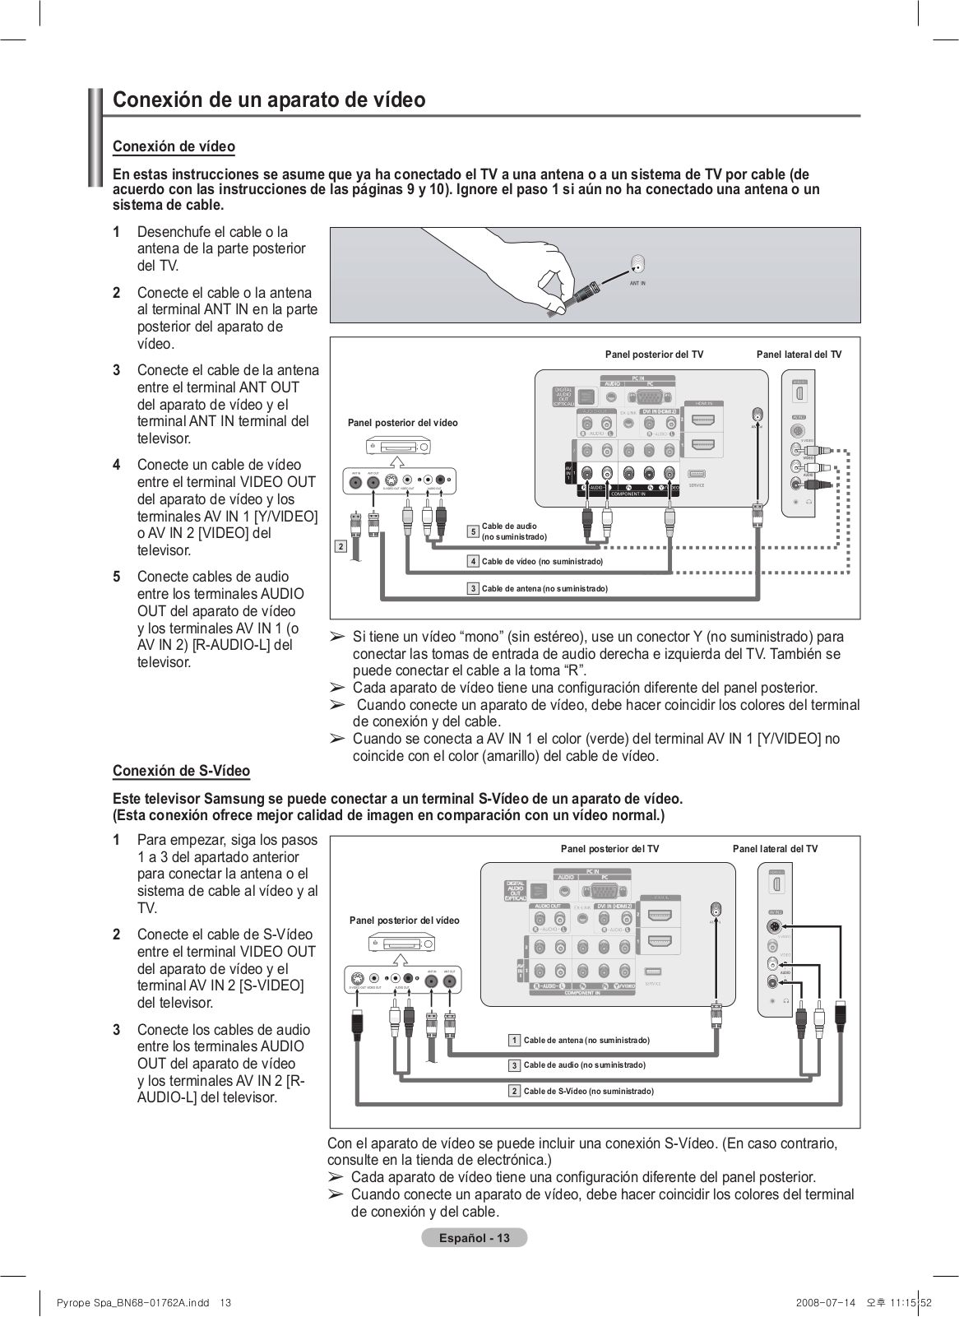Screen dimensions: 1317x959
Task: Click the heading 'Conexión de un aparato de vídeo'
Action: pos(269,100)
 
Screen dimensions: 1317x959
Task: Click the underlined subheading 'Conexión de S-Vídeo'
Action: pos(181,771)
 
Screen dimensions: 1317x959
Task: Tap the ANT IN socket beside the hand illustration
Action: pos(637,266)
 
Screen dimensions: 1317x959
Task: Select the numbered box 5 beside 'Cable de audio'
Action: pos(473,532)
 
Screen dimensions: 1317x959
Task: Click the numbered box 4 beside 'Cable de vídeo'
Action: pos(473,561)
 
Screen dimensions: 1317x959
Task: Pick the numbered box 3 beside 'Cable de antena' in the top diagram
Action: pos(473,588)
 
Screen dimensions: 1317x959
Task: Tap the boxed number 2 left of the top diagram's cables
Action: pos(341,546)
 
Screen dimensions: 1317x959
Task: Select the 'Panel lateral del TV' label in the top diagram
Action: pos(799,355)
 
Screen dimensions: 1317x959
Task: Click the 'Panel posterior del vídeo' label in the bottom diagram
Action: pos(405,921)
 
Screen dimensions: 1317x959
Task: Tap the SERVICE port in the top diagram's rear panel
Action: pos(696,475)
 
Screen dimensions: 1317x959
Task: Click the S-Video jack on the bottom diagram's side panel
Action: pos(773,926)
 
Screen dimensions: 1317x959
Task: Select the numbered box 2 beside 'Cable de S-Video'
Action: pos(515,1091)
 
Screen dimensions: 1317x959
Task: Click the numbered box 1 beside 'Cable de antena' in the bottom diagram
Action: pos(515,1040)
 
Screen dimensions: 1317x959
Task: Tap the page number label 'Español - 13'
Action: pos(474,1238)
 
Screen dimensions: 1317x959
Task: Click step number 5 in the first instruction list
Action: pos(117,577)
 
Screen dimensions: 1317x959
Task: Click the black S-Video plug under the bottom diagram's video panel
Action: pos(356,1022)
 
